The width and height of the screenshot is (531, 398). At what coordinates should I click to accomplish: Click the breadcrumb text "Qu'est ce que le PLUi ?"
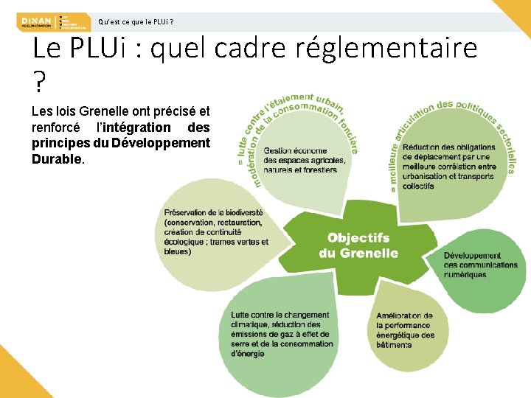pyautogui.click(x=136, y=21)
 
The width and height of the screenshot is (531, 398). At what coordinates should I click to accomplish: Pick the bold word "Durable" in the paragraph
pyautogui.click(x=57, y=158)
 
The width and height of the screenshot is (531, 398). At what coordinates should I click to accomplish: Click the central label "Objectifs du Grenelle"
pyautogui.click(x=358, y=245)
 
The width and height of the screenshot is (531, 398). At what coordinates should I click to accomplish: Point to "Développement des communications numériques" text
pyautogui.click(x=480, y=265)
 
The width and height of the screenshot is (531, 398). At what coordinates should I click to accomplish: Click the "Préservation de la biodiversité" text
pyautogui.click(x=213, y=213)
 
